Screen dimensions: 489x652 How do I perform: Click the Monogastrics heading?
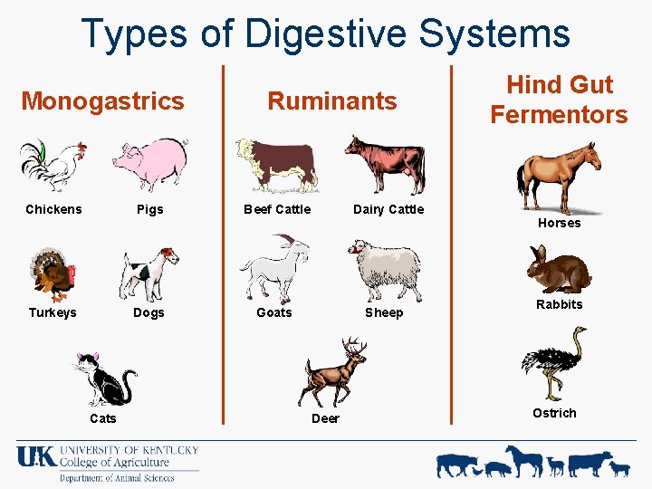(x=102, y=101)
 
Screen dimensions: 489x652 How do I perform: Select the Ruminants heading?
(x=331, y=101)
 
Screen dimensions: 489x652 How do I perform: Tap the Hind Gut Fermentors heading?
(x=559, y=100)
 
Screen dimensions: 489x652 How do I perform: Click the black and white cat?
(x=104, y=378)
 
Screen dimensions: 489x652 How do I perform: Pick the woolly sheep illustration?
(x=385, y=268)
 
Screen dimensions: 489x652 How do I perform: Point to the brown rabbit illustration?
(x=558, y=270)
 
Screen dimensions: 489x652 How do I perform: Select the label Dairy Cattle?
(x=388, y=209)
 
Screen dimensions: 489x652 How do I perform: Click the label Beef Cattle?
(x=277, y=209)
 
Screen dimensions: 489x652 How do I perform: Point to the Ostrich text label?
(x=554, y=413)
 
